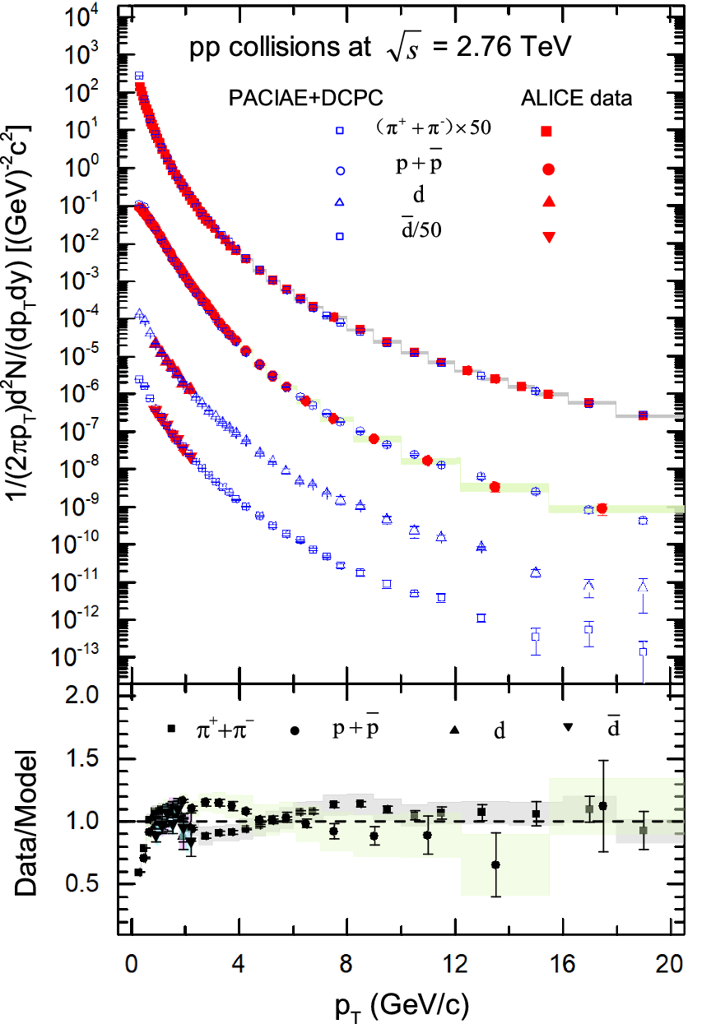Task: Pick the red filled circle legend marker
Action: pos(546,169)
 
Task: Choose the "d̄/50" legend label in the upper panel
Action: pos(421,231)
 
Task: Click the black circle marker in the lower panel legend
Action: pos(295,729)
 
